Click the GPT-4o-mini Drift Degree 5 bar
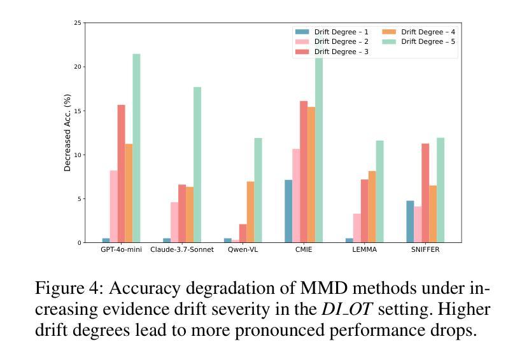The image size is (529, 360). [x=136, y=148]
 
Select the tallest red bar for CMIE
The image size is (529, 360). [x=304, y=172]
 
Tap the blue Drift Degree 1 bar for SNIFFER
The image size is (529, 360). [x=411, y=222]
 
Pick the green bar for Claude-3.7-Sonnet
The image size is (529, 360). [x=197, y=165]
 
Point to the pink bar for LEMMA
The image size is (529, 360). [x=357, y=228]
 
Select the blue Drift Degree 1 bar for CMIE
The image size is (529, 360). [x=288, y=211]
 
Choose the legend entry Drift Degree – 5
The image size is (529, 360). [x=428, y=41]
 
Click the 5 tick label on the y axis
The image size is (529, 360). [x=80, y=198]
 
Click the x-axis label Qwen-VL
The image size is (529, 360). [x=243, y=250]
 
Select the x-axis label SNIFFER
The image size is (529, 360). [x=426, y=250]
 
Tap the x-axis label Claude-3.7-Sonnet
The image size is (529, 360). [x=182, y=250]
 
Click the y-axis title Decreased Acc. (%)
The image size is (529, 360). [x=67, y=132]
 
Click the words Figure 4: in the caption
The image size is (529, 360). [x=69, y=288]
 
